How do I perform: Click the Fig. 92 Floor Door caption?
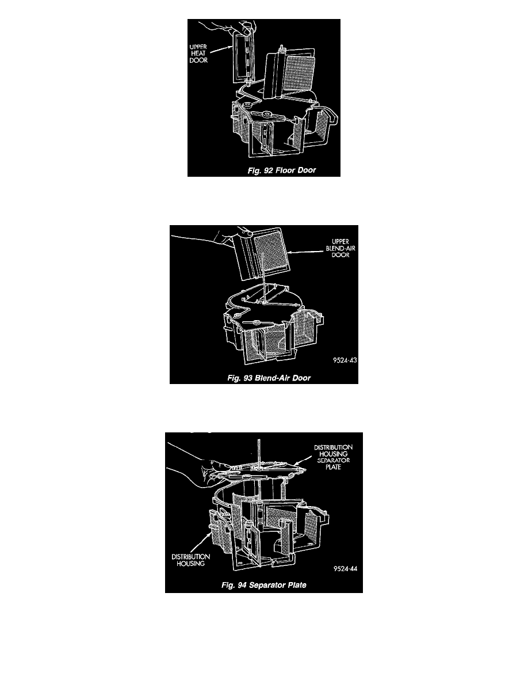tap(281, 170)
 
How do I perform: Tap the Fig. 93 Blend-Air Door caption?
tap(269, 378)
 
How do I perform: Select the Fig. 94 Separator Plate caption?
tap(264, 585)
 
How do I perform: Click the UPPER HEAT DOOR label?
tap(198, 53)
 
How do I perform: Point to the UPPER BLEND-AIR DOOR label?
tap(340, 248)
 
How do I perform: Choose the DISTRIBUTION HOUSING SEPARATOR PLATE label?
tap(333, 457)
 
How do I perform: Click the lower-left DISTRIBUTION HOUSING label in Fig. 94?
tap(191, 560)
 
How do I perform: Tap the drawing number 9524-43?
tap(345, 360)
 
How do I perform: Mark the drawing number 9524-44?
tap(346, 568)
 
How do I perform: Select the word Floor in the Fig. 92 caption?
tap(285, 170)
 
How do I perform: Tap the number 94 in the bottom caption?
tap(242, 585)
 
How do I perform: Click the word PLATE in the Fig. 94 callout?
tap(333, 467)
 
